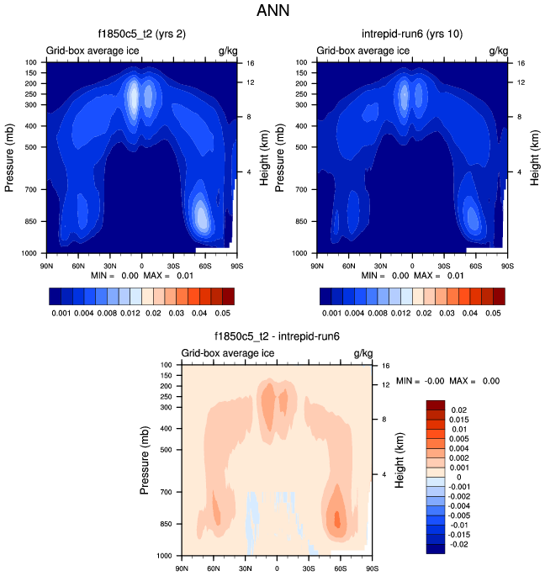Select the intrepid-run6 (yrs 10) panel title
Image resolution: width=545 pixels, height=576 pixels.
pos(411,34)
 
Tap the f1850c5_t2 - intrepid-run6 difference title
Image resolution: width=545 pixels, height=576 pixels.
pos(277,336)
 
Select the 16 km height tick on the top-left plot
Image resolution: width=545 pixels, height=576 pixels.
pos(250,63)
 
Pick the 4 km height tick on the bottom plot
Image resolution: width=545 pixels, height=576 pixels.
pos(384,474)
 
